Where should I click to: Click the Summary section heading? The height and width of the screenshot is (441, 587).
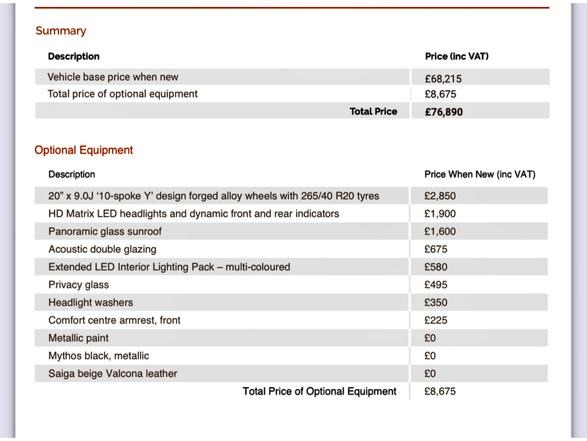click(x=61, y=31)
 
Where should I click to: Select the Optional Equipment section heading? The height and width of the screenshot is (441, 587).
click(x=84, y=150)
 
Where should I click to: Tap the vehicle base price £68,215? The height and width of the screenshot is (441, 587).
click(x=443, y=78)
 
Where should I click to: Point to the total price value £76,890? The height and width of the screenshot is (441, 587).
click(x=444, y=112)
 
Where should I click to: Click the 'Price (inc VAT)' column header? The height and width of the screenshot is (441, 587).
click(x=456, y=56)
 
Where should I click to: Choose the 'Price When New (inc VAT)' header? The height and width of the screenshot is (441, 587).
click(x=479, y=174)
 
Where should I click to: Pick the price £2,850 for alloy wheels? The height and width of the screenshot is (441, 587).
click(x=440, y=196)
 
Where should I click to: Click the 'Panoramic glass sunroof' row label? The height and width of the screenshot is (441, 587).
click(x=105, y=232)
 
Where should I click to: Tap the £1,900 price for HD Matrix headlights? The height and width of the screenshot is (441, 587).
click(x=440, y=214)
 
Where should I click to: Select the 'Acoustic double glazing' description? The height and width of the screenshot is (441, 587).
click(x=102, y=249)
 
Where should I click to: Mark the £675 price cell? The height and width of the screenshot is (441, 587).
click(x=436, y=249)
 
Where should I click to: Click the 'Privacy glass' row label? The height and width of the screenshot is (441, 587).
click(x=78, y=285)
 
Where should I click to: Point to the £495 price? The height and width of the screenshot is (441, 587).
click(x=436, y=285)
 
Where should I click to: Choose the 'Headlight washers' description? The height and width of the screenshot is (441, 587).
click(x=91, y=303)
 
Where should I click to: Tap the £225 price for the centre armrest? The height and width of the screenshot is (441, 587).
click(x=436, y=320)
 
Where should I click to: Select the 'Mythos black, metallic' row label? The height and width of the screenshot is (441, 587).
click(x=98, y=356)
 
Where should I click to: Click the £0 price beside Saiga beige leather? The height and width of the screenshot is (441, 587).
click(x=430, y=373)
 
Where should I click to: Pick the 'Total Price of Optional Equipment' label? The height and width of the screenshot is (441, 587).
click(x=319, y=392)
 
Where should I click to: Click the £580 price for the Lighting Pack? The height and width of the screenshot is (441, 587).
click(x=436, y=267)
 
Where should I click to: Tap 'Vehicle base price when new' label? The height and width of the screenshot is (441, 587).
click(x=113, y=77)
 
